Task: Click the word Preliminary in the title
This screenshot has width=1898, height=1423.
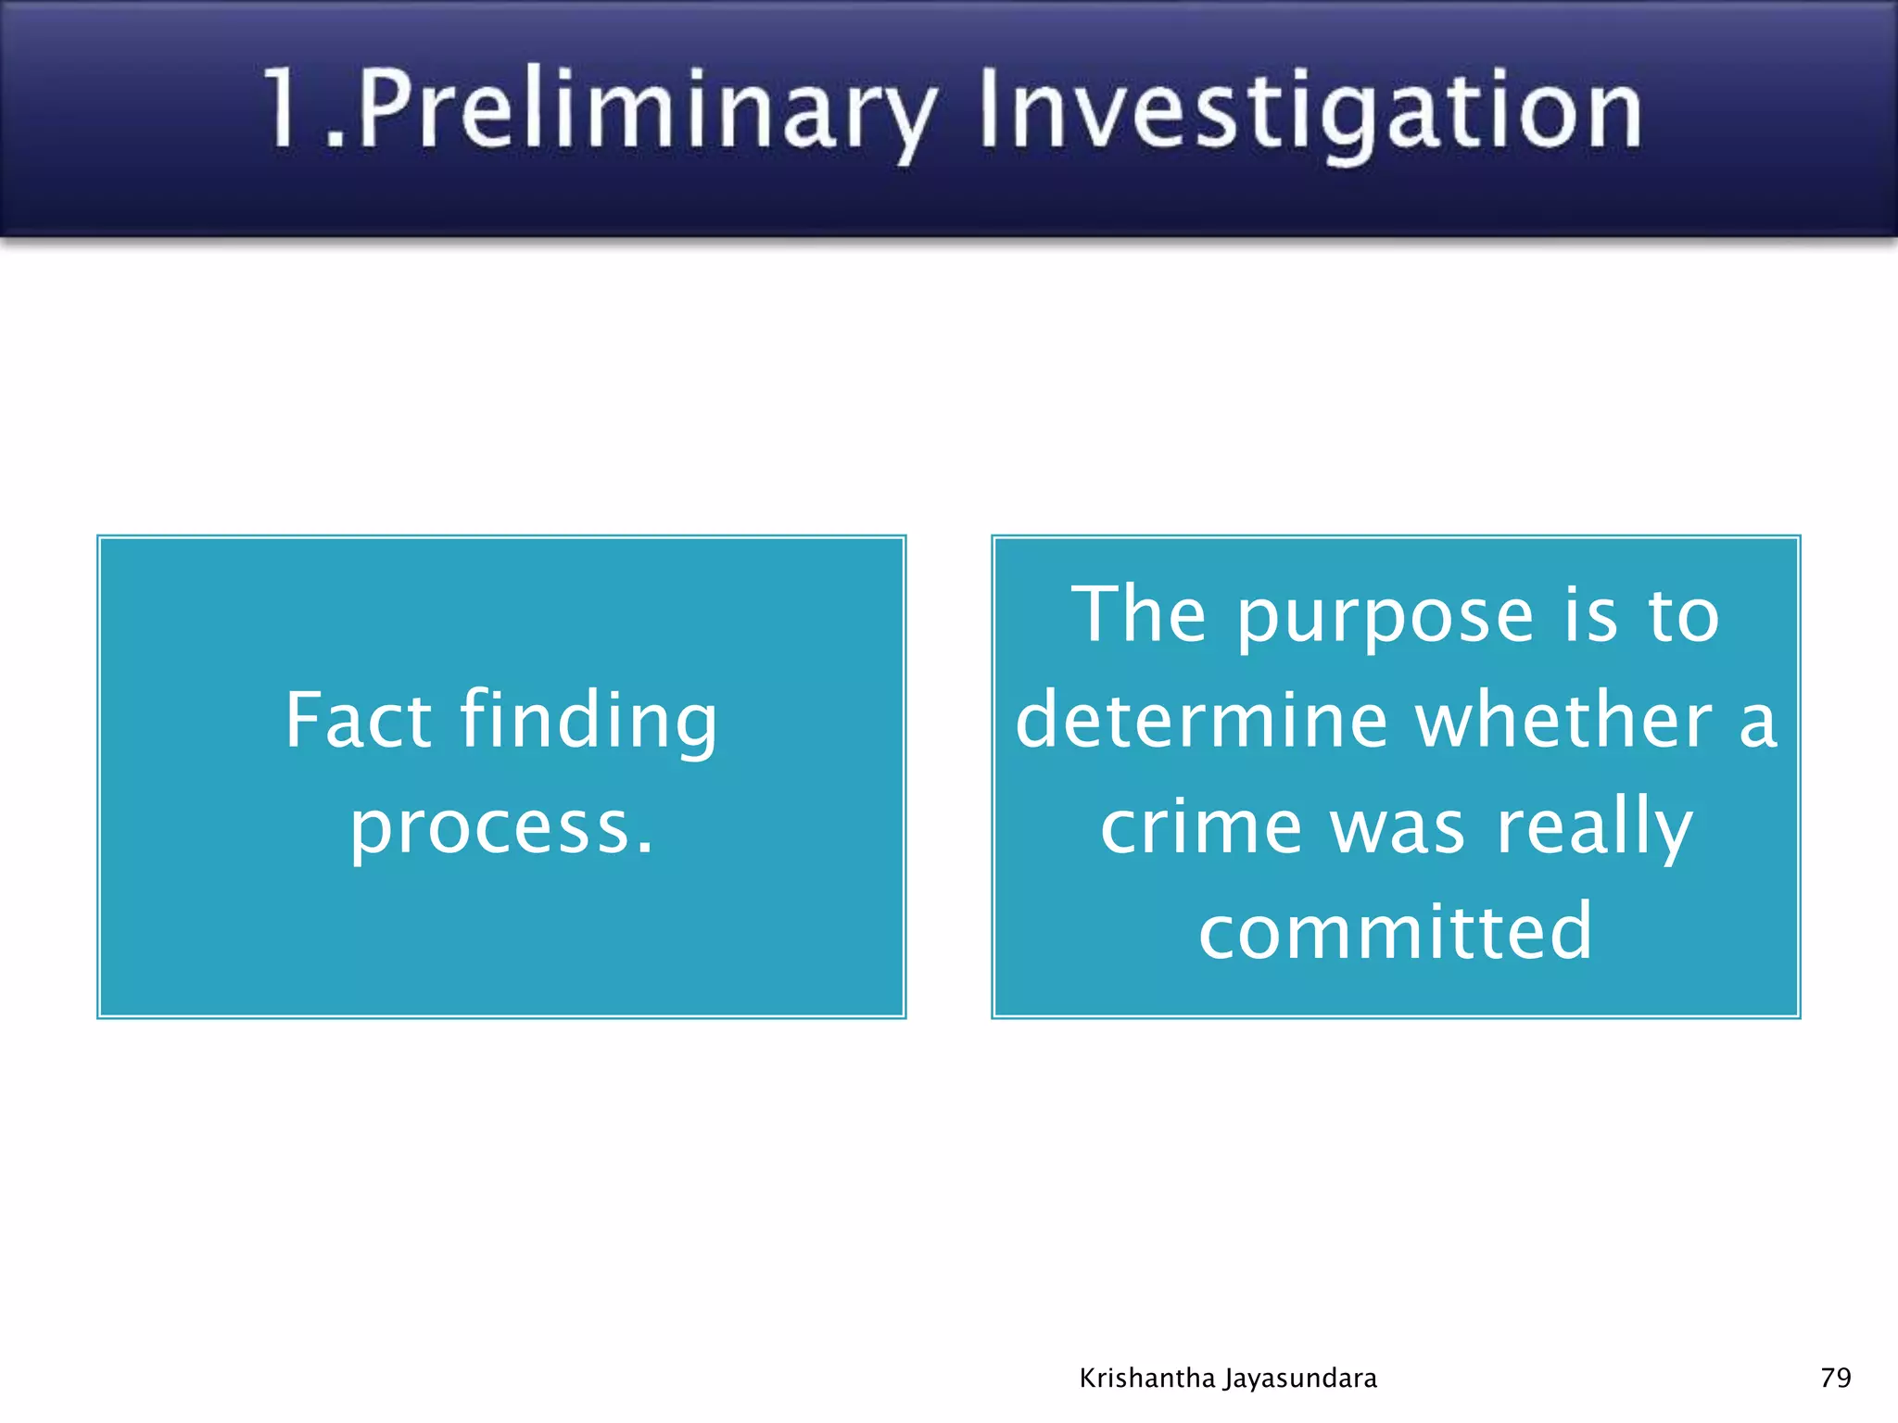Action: tap(644, 111)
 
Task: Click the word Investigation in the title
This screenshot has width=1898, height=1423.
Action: tap(1310, 111)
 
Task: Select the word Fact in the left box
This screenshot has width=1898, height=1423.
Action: tap(358, 720)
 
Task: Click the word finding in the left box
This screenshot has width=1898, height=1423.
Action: tap(588, 720)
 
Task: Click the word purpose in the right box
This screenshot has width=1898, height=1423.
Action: tap(1385, 615)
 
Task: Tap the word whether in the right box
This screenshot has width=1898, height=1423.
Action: tap(1565, 721)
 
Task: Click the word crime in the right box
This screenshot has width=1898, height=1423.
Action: tap(1201, 826)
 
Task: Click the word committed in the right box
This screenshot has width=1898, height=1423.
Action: tap(1396, 931)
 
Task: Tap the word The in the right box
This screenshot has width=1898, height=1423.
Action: tap(1139, 615)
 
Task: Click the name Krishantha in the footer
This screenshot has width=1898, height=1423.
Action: tap(1147, 1379)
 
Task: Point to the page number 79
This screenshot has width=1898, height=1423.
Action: tap(1836, 1378)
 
